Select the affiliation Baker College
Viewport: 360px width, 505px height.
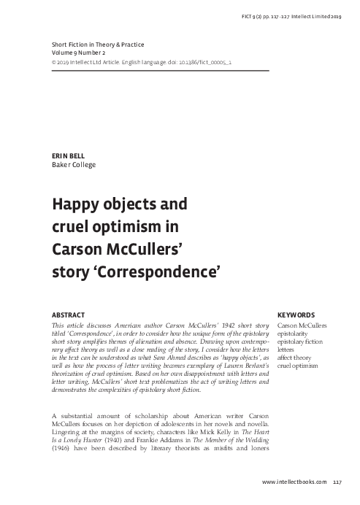(73, 164)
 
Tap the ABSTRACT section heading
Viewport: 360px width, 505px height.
(69, 315)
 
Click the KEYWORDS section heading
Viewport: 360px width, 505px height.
(296, 315)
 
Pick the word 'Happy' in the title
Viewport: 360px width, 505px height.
(74, 202)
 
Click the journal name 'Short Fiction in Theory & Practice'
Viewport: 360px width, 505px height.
(100, 45)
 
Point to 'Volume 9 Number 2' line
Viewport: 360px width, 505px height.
(80, 53)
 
